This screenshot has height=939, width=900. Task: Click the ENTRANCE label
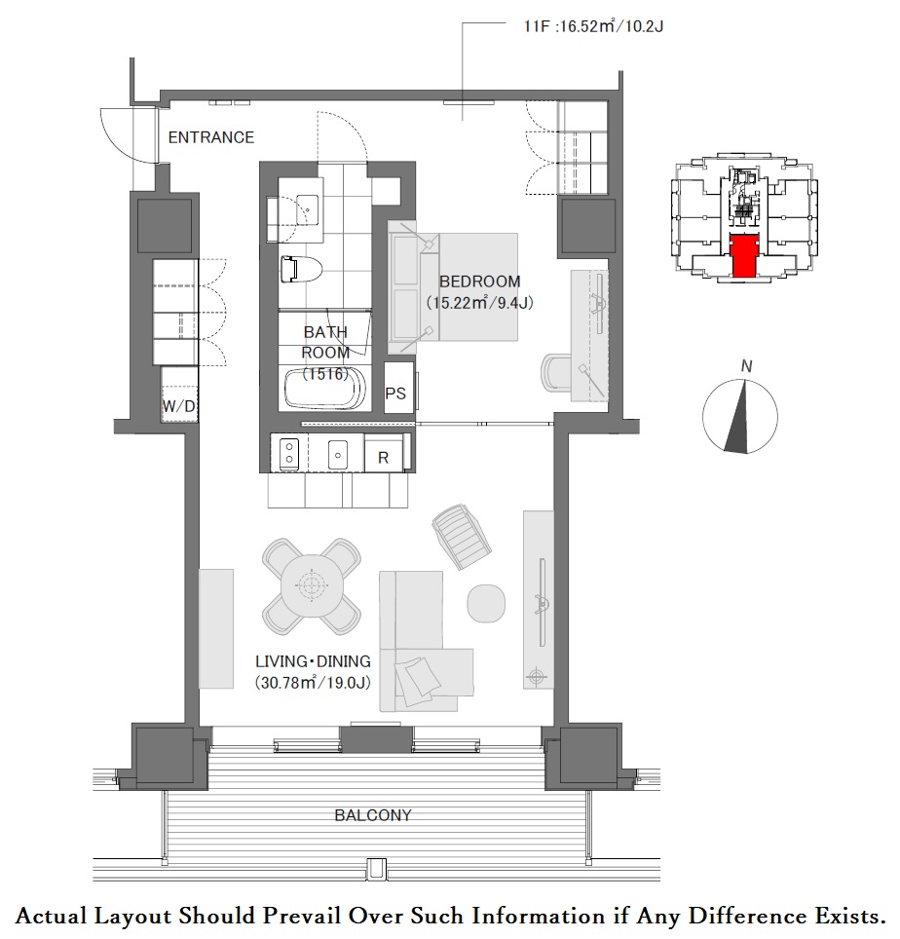click(210, 137)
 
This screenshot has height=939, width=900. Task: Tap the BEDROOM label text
click(479, 282)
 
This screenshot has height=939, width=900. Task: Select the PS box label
click(395, 394)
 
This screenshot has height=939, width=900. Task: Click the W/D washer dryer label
click(179, 406)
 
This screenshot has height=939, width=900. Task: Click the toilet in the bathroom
click(301, 270)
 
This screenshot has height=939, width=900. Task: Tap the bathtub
click(325, 389)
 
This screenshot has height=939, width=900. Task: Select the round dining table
click(312, 586)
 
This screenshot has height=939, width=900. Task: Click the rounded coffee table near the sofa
click(486, 603)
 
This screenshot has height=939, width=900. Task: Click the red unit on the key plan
click(744, 256)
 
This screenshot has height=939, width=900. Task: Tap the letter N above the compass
click(746, 366)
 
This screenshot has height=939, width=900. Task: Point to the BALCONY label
click(373, 815)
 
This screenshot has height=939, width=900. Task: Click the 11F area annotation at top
click(593, 26)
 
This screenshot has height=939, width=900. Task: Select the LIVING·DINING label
click(314, 661)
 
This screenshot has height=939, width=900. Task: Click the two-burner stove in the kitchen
click(289, 453)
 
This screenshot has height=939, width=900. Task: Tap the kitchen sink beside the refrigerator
click(338, 455)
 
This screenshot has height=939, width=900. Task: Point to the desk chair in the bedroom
click(557, 373)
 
